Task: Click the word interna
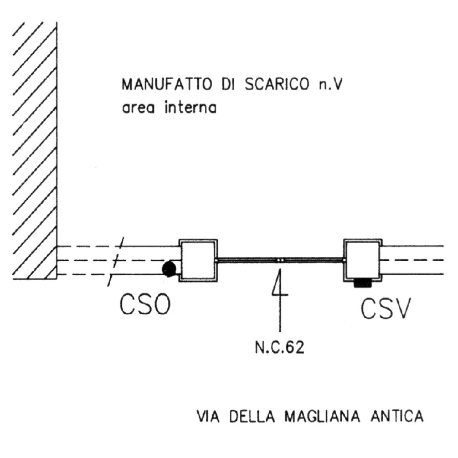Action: pyautogui.click(x=189, y=108)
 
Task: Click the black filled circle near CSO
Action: pyautogui.click(x=168, y=269)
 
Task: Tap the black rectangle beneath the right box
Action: pyautogui.click(x=362, y=282)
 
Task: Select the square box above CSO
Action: pyautogui.click(x=198, y=259)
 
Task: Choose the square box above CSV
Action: pyautogui.click(x=363, y=259)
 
